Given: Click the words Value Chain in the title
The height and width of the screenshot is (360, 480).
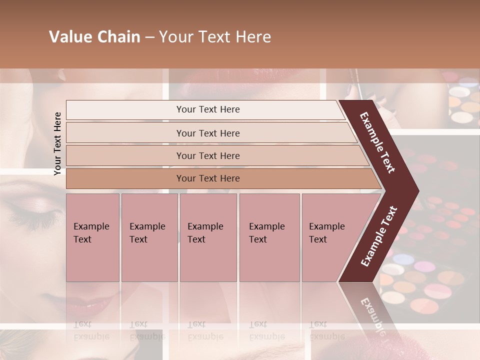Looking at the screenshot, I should (94, 37).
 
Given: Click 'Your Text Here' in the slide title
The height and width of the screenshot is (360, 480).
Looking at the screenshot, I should (215, 37).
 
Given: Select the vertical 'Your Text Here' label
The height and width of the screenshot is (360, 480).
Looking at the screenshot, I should (57, 144).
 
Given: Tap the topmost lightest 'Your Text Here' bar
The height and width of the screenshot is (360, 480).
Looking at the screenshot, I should (208, 109).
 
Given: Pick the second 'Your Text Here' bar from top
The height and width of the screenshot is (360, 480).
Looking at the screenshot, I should (208, 133).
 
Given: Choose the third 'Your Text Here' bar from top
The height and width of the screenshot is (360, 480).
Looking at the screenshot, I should (208, 155).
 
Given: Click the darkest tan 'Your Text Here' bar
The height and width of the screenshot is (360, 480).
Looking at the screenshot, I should (208, 178).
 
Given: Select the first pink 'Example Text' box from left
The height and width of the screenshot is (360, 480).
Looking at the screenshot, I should (92, 237).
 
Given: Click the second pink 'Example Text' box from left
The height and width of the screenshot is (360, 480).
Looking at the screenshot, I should (149, 237).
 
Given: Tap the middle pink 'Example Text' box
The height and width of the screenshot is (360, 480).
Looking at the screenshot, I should (208, 237).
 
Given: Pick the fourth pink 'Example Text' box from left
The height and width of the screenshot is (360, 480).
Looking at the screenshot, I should (269, 237).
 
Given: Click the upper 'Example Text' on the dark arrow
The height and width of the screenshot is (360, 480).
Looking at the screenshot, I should (377, 142).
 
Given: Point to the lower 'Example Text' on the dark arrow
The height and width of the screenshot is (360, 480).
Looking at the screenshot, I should (378, 236).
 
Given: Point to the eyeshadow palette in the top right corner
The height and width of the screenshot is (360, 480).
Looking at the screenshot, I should (462, 100).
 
